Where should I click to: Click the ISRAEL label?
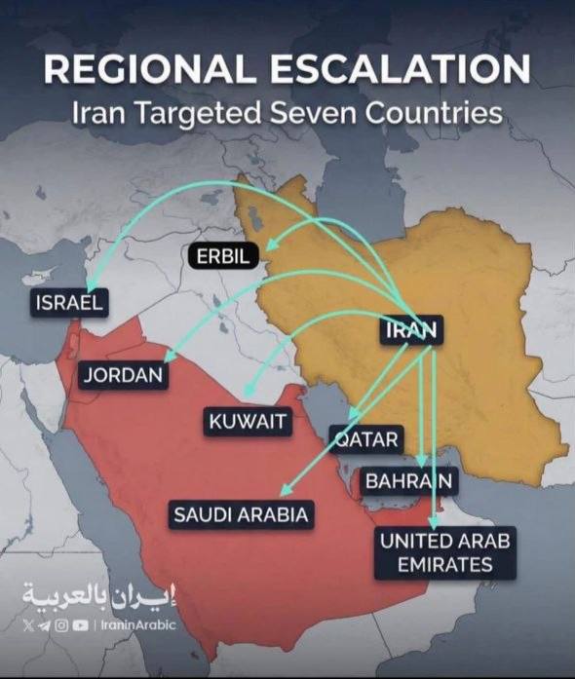[69, 302]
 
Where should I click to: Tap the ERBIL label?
[223, 256]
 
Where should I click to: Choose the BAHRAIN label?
[409, 480]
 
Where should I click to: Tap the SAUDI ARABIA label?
[241, 514]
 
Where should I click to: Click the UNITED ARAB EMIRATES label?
[447, 552]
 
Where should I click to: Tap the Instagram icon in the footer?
[61, 625]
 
